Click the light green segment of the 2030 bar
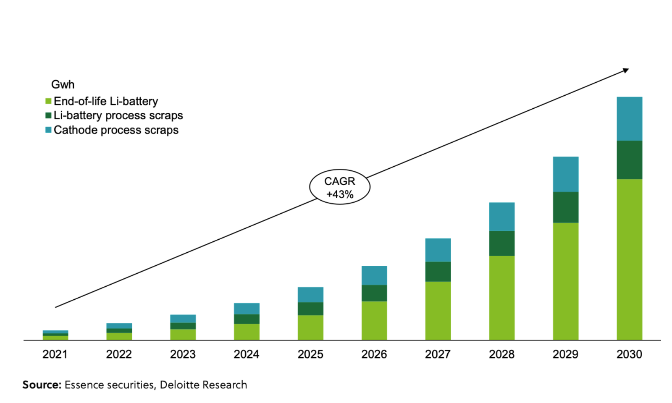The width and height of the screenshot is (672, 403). [x=629, y=259]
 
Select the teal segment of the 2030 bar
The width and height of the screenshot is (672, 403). [x=629, y=118]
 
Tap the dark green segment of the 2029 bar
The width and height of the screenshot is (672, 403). [x=565, y=207]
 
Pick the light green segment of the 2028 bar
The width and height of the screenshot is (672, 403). [x=501, y=298]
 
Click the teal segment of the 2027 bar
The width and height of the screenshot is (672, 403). [x=438, y=250]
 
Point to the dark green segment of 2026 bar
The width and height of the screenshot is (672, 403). [x=374, y=293]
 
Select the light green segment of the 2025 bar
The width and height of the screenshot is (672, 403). [x=310, y=327]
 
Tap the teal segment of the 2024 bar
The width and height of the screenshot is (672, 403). [x=247, y=309]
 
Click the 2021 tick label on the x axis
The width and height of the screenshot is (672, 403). [x=55, y=354]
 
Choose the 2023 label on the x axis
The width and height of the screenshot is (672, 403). [x=183, y=354]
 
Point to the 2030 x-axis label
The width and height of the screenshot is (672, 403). [x=629, y=354]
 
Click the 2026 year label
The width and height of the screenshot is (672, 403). [x=374, y=354]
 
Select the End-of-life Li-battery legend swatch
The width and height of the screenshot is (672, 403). [x=48, y=101]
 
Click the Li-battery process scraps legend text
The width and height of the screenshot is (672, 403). [x=118, y=115]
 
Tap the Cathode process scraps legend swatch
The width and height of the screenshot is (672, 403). [x=48, y=130]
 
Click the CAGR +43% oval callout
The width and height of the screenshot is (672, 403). [x=340, y=187]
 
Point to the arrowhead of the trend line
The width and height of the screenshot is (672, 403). [x=626, y=71]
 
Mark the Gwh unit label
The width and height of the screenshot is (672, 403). [x=63, y=84]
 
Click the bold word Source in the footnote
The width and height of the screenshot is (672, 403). [x=42, y=385]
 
